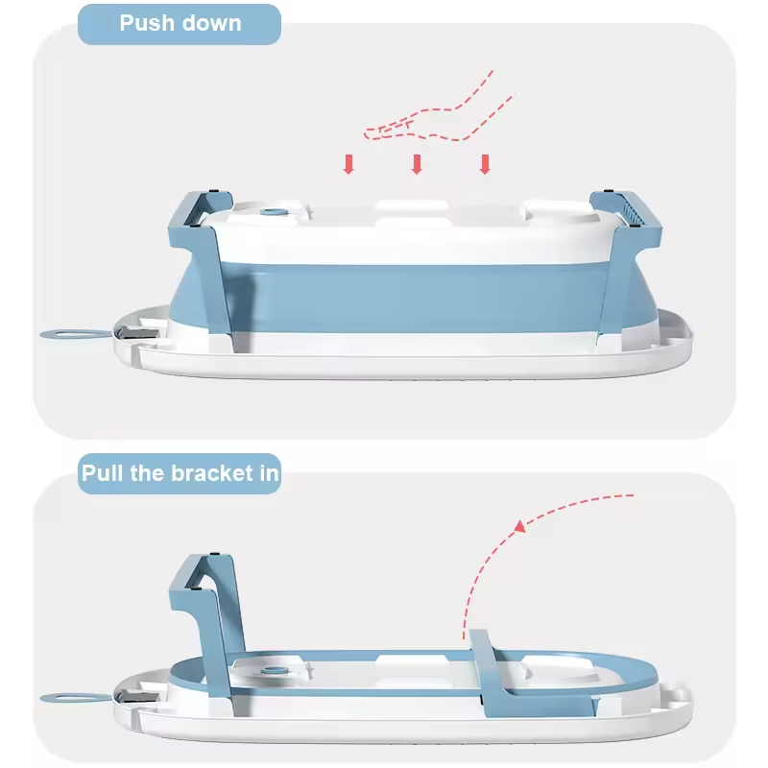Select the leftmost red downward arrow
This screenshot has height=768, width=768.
348,164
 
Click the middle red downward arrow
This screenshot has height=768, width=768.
417,164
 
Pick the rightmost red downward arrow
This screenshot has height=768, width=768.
485,164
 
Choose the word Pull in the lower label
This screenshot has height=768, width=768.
103,474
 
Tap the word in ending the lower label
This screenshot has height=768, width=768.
267,474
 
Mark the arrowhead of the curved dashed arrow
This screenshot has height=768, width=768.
519,525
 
